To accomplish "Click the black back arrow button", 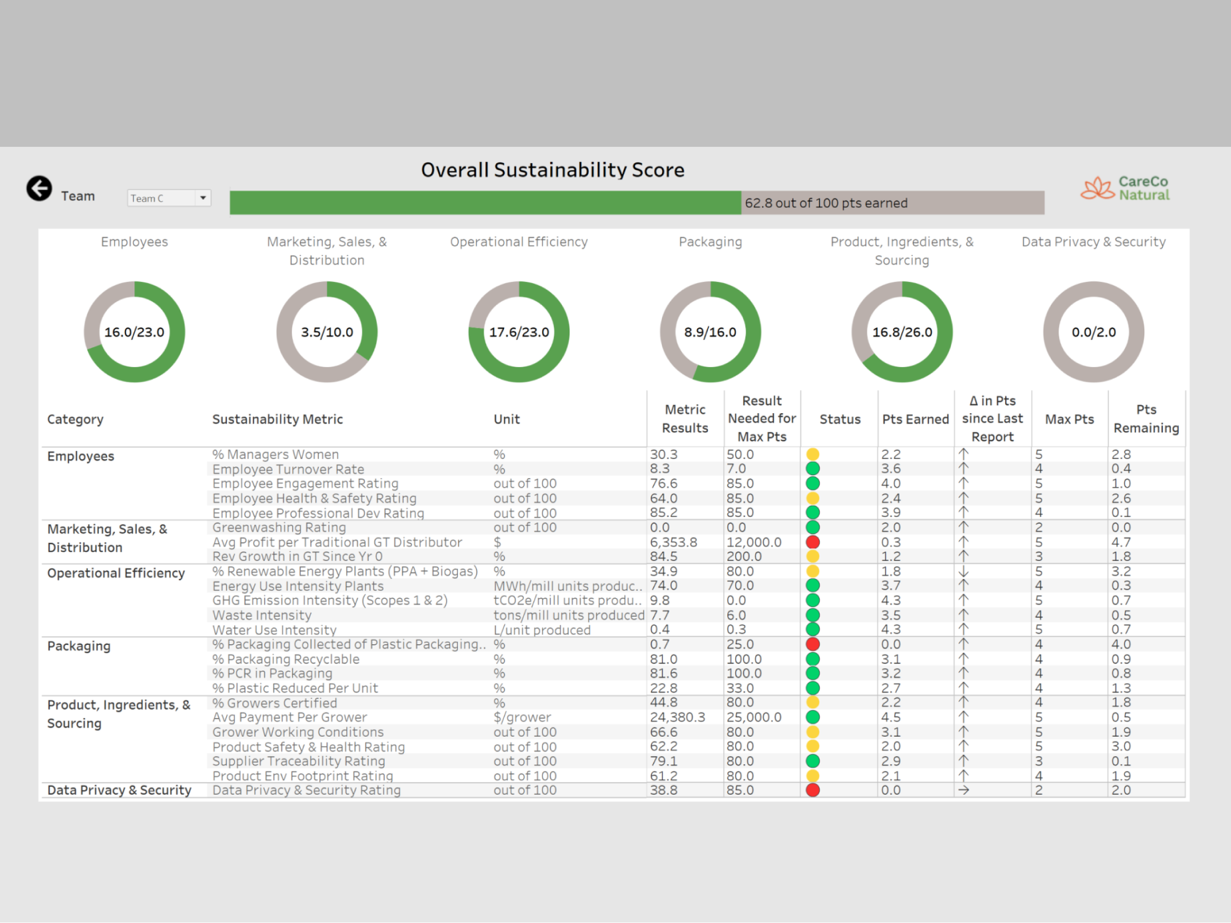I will coord(39,188).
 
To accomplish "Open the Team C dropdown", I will coord(202,198).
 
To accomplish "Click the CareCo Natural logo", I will coord(1125,188).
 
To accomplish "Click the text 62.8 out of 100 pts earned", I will coord(826,203).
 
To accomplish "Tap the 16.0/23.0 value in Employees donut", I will coord(134,332).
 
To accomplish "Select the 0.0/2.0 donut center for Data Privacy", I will coord(1093,332).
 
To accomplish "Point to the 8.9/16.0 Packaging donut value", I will coord(710,332).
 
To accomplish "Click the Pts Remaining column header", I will coord(1146,419).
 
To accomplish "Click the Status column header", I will coord(839,419).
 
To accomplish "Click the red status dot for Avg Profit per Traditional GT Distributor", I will coord(813,542).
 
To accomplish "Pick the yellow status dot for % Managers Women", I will coord(813,455).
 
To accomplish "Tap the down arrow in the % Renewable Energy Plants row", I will coord(963,572).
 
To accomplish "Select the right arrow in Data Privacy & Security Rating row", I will coord(963,791).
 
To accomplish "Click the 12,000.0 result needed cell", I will coord(753,542).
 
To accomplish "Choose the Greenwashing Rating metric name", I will coord(279,527).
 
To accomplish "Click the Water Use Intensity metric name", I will coord(274,630).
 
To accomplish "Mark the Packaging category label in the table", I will coord(79,646).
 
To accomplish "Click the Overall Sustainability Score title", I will coord(552,170).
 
